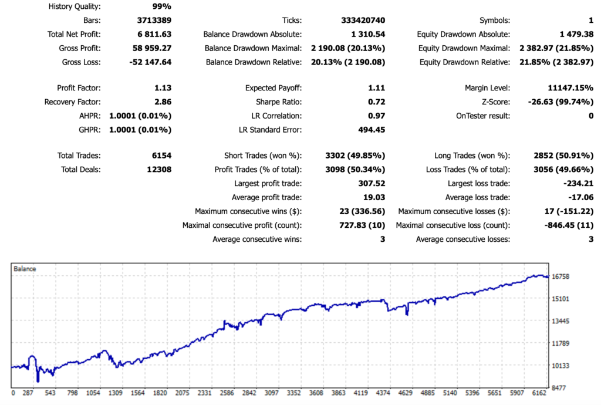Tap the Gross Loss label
[81, 62]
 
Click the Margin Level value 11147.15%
[567, 88]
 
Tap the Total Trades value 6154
[160, 156]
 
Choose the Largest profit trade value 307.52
[370, 184]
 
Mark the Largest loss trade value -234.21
[578, 184]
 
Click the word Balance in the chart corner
[25, 269]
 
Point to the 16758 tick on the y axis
[562, 276]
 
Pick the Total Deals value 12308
[157, 170]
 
